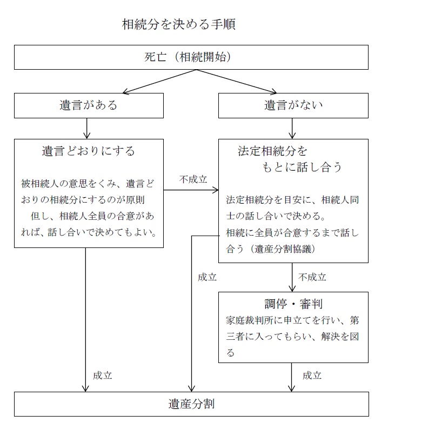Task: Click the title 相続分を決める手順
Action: point(179,24)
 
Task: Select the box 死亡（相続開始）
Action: point(191,57)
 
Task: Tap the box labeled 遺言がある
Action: point(89,106)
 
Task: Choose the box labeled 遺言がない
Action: point(293,106)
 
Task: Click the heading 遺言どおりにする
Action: point(89,151)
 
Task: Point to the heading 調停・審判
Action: point(293,304)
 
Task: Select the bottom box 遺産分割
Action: point(191,404)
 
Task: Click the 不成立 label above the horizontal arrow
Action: point(193,179)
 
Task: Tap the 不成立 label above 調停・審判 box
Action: point(312,277)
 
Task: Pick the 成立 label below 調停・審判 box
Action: point(312,375)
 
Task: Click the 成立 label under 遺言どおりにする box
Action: point(102,375)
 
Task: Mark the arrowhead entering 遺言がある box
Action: point(125,92)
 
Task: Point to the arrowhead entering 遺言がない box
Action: point(273,91)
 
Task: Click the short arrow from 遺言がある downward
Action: point(87,129)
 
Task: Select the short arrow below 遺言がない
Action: point(292,129)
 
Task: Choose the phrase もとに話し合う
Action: point(302,167)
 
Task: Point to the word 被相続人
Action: point(40,184)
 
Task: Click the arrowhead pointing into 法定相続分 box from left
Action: point(216,190)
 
